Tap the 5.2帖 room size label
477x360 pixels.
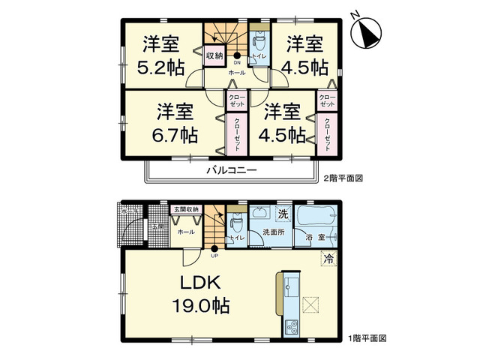[x=160, y=67]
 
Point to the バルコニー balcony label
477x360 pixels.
[x=232, y=171]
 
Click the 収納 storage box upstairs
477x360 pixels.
[x=214, y=55]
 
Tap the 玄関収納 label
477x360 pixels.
[x=184, y=209]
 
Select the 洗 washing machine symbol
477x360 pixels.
[x=282, y=214]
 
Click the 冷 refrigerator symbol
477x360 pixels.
[x=328, y=259]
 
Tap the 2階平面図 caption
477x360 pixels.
[x=343, y=179]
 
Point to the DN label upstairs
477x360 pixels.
[x=237, y=63]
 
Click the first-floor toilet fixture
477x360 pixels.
[x=236, y=223]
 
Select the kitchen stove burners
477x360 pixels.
[x=292, y=327]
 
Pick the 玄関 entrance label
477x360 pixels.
[x=159, y=226]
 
